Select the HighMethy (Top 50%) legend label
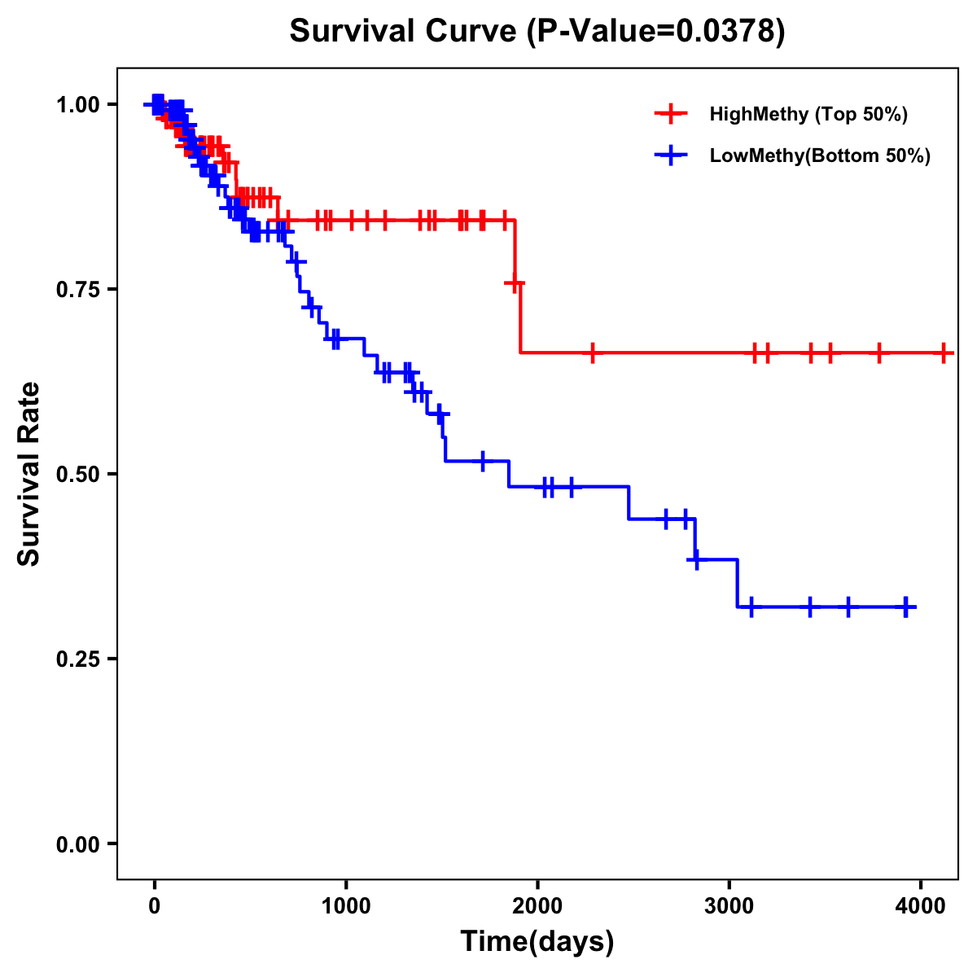[808, 114]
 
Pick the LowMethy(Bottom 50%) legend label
[820, 156]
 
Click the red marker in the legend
[671, 114]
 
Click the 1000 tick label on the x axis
[346, 906]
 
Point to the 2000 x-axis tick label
[537, 906]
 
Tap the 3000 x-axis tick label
[729, 906]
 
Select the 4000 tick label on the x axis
[920, 906]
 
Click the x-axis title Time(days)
[537, 942]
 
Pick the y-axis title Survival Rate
[29, 474]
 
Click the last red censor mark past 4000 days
[943, 353]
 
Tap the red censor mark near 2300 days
[593, 353]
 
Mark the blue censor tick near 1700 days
[483, 461]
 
